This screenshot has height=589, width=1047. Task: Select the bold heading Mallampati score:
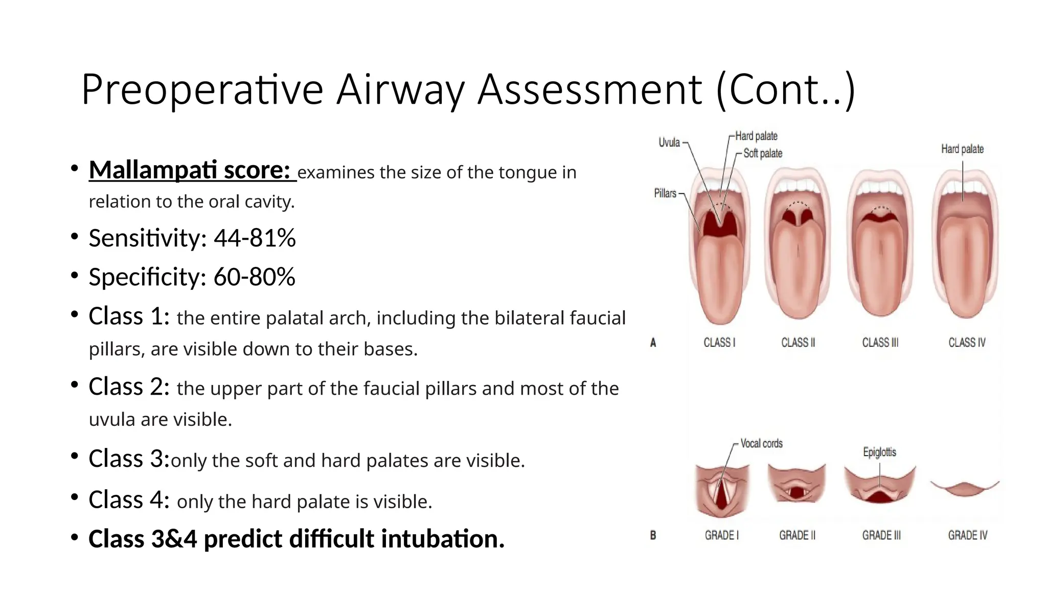tap(190, 170)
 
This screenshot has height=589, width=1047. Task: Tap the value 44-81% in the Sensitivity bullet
tap(254, 238)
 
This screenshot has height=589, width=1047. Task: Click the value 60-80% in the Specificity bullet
tap(254, 277)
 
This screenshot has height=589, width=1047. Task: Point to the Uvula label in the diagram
tap(669, 143)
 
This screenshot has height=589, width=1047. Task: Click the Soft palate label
tap(762, 153)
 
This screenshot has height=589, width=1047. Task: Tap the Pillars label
tap(665, 193)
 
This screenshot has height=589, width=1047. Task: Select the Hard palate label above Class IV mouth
tap(962, 149)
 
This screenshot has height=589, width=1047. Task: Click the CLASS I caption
tap(719, 343)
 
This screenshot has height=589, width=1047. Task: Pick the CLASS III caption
tap(880, 343)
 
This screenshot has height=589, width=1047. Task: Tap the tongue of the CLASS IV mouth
tap(964, 266)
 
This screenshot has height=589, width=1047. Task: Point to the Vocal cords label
tap(761, 444)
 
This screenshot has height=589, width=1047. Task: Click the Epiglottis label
tap(879, 452)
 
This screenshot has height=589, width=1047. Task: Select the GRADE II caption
tap(797, 535)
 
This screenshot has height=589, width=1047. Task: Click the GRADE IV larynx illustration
tap(964, 488)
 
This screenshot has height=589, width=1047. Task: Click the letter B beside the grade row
tap(653, 535)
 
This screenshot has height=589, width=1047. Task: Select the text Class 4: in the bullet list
tap(128, 500)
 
